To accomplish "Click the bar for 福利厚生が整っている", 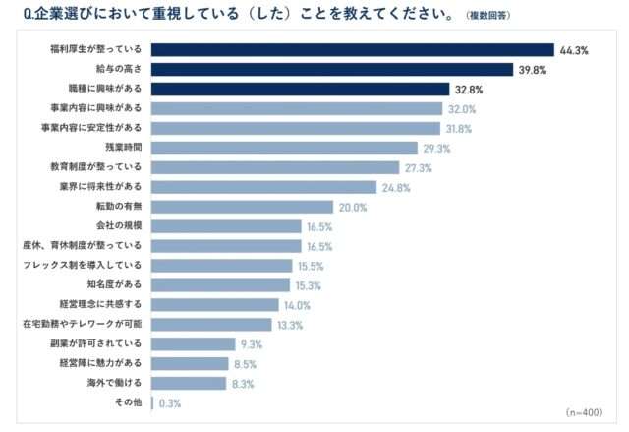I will pos(353,49).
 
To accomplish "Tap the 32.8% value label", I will pos(469,89).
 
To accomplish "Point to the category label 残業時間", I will pos(124,148).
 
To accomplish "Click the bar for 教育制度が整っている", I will pos(275,167).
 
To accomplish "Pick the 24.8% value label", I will pos(396,187).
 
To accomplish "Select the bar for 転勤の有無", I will pos(242,207).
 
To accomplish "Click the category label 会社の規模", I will pos(118,226).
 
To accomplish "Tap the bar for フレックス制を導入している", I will pos(221,266).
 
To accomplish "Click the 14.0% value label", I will pos(298,305).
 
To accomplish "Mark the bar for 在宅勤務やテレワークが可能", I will pos(210,325).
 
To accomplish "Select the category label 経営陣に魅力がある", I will pos(102,363).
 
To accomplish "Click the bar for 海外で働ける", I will pos(189,383).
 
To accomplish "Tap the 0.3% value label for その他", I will pos(170,402).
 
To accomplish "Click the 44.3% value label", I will pos(574,49).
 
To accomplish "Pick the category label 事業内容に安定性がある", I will pos(96,128).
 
